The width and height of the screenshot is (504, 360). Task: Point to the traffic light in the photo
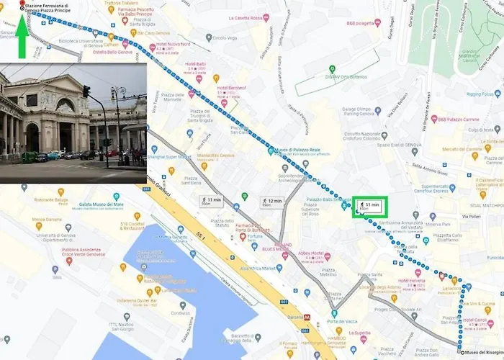click(x=86, y=92)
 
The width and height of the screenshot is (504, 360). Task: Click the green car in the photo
click(x=30, y=156)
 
